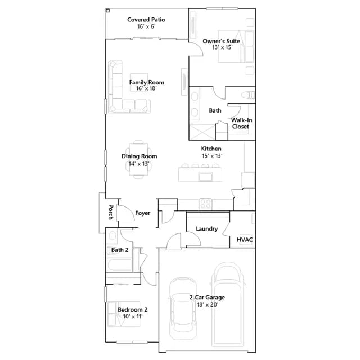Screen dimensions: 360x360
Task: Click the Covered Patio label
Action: pyautogui.click(x=146, y=20)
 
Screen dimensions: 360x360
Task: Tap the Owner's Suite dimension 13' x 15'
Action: pyautogui.click(x=222, y=47)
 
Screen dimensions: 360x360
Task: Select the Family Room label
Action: pyautogui.click(x=147, y=82)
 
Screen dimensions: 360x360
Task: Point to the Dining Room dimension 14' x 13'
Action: pyautogui.click(x=139, y=164)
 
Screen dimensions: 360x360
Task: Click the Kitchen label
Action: pyautogui.click(x=211, y=148)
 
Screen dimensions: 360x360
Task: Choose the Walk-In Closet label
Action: pyautogui.click(x=241, y=123)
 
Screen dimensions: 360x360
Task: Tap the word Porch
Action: pyautogui.click(x=111, y=212)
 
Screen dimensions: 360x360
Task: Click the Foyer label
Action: pyautogui.click(x=142, y=213)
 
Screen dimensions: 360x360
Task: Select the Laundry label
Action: pyautogui.click(x=206, y=229)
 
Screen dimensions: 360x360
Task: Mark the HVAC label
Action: pyautogui.click(x=245, y=240)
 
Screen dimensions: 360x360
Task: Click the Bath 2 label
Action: pyautogui.click(x=120, y=250)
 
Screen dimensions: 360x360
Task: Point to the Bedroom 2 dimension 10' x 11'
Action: pyautogui.click(x=133, y=316)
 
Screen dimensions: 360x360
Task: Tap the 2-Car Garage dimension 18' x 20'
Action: pyautogui.click(x=208, y=304)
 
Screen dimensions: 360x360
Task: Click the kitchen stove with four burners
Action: pyautogui.click(x=205, y=204)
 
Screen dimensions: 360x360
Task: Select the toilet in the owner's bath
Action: pyautogui.click(x=248, y=95)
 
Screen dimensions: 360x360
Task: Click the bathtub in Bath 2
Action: pyautogui.click(x=119, y=264)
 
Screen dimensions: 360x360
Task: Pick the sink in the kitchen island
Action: pyautogui.click(x=206, y=177)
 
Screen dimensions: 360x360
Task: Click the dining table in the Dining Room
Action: pyautogui.click(x=138, y=159)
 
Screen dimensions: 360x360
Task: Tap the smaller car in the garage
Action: pyautogui.click(x=183, y=309)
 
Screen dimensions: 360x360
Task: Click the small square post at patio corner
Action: pyautogui.click(x=107, y=11)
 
